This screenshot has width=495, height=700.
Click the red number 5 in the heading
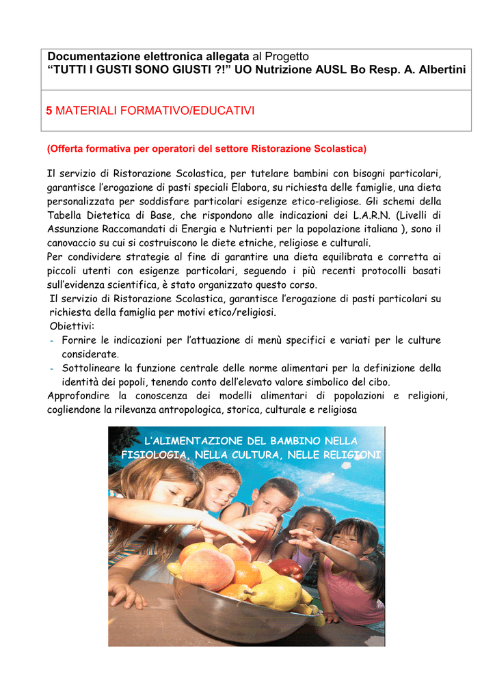[x=49, y=110]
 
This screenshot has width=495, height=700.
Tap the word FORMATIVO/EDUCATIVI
[x=198, y=110]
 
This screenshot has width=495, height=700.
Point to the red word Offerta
[x=65, y=148]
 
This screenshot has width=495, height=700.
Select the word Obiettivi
[x=72, y=325]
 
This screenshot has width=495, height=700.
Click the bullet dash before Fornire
[x=53, y=340]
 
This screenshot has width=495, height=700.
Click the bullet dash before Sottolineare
[x=53, y=368]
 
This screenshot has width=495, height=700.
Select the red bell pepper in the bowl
[x=286, y=567]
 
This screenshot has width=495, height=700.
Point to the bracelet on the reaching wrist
[x=200, y=525]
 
